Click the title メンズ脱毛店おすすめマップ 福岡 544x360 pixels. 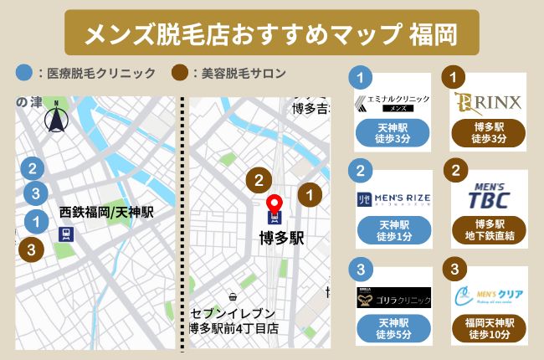272,33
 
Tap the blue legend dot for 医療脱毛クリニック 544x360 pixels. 23,73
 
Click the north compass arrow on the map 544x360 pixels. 56,116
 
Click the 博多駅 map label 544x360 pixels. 275,238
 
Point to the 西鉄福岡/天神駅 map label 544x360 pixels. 106,213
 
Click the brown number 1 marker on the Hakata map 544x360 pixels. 310,194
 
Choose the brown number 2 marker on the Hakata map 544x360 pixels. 259,178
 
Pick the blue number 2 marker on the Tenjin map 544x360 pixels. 32,168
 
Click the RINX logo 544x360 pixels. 489,102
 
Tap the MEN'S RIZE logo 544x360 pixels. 393,198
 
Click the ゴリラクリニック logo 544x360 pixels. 393,298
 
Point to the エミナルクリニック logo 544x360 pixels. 393,102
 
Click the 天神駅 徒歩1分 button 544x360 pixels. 393,229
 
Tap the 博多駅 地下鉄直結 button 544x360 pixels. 489,230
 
